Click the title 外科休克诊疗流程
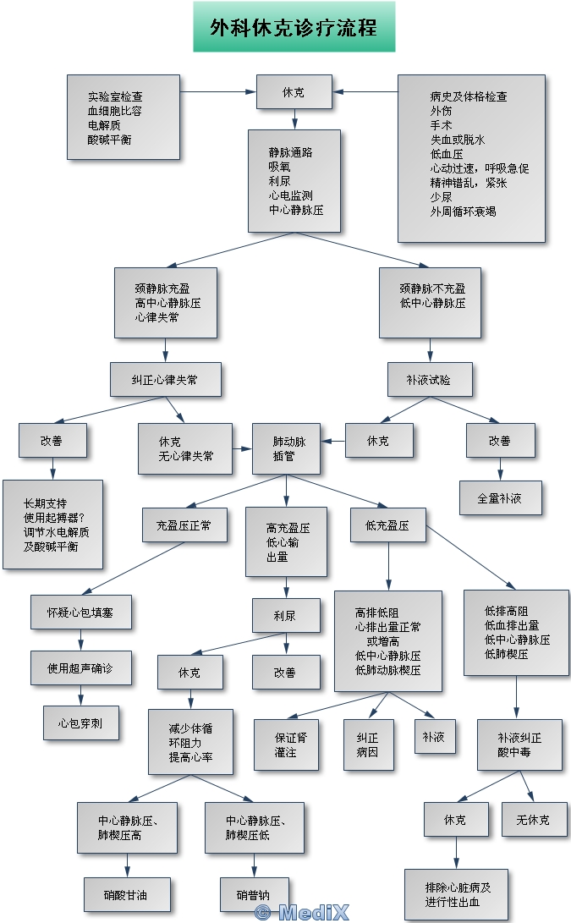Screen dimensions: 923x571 click(294, 27)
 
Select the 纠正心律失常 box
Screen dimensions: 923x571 click(165, 380)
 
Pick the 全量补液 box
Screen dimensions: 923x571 click(500, 498)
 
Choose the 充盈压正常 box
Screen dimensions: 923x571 click(184, 525)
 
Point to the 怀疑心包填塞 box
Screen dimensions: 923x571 click(81, 612)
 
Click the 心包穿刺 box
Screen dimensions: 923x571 click(81, 723)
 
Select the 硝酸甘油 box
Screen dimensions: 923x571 click(127, 894)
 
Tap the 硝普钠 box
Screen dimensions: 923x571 click(255, 894)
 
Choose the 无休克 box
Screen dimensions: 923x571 click(532, 820)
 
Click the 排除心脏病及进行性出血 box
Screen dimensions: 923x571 click(456, 894)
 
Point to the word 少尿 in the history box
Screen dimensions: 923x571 click(441, 196)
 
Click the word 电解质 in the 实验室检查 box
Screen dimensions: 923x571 click(104, 125)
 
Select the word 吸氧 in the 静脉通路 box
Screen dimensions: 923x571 click(279, 167)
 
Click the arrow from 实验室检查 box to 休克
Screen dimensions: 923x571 click(218, 91)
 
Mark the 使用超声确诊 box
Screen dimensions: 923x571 click(81, 668)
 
